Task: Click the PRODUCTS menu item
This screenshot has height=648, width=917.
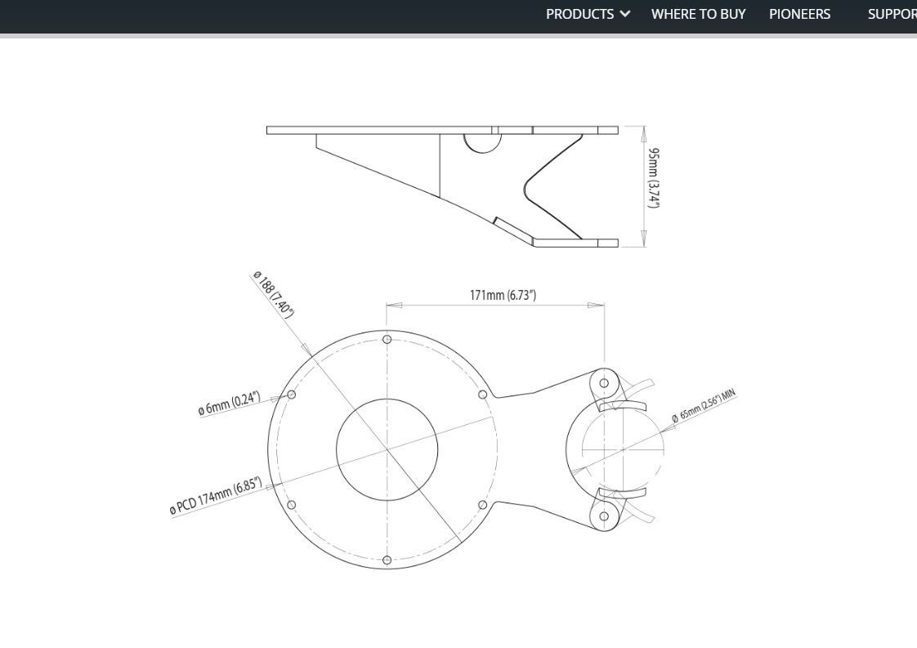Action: pos(579,14)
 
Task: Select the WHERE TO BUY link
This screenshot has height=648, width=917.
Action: pos(698,14)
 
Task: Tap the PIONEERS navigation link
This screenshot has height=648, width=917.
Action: pos(799,14)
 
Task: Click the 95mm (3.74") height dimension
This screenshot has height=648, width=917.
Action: pos(654,178)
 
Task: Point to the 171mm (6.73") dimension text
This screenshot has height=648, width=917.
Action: pos(503,295)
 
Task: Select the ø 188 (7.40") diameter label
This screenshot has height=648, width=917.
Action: pos(273,294)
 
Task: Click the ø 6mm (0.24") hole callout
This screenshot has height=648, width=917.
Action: pos(229,404)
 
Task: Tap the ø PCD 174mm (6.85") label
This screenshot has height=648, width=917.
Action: pos(216,496)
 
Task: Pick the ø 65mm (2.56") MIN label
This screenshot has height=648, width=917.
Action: pos(704,406)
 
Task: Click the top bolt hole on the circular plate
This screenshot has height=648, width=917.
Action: pos(387,339)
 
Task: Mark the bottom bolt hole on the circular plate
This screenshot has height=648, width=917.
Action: pos(387,561)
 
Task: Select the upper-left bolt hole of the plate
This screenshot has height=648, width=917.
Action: pos(292,395)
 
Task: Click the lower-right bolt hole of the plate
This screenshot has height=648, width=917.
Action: pos(482,505)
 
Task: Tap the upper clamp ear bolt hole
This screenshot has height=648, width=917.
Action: pos(604,382)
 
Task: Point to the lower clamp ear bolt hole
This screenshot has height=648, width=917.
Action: pos(604,516)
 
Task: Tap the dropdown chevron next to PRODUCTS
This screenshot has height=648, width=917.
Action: pos(625,14)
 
